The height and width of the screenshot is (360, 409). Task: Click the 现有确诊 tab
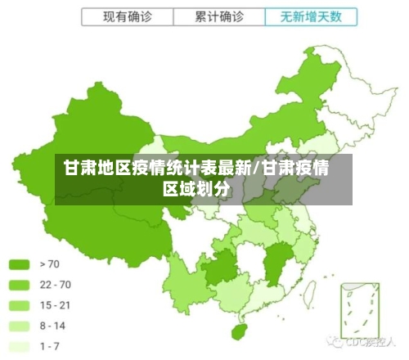128,16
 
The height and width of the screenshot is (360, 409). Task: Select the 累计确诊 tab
219,16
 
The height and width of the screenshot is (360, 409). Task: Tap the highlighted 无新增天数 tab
311,16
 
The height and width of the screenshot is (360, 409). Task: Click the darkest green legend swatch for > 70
19,264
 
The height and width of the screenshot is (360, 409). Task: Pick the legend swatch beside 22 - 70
19,285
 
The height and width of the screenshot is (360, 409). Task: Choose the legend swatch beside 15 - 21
19,305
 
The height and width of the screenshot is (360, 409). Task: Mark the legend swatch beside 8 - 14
19,326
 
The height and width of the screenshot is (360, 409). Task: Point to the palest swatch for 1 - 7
19,346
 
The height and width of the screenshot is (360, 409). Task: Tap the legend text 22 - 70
55,285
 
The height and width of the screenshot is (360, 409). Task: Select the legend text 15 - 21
55,305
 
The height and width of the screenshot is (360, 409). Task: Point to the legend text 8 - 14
52,326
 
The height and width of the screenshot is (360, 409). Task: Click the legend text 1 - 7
50,346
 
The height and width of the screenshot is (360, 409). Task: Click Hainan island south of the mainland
240,331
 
